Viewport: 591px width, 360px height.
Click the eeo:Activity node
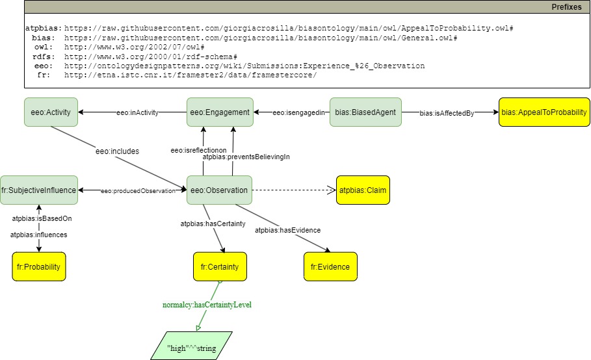click(x=51, y=112)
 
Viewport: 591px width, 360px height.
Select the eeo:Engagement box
click(x=219, y=112)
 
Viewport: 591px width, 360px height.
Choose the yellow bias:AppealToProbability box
click(x=544, y=112)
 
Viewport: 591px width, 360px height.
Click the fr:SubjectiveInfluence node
click(x=39, y=190)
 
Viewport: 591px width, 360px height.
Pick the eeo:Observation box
click(x=219, y=190)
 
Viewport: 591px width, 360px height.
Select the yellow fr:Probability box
click(x=39, y=266)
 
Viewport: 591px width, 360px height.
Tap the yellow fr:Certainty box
click(x=220, y=266)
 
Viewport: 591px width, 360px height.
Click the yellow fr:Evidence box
click(x=330, y=266)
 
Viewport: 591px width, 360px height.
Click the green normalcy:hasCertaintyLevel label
click(x=206, y=304)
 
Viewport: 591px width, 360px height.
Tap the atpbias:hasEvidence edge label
click(x=287, y=229)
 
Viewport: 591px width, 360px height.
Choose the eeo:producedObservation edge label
click(x=138, y=190)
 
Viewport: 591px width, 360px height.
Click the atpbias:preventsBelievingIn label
click(x=246, y=157)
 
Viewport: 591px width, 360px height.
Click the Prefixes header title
click(x=567, y=6)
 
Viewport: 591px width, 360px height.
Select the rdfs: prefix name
click(x=44, y=57)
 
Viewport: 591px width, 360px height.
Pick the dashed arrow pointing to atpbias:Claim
click(x=293, y=190)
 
